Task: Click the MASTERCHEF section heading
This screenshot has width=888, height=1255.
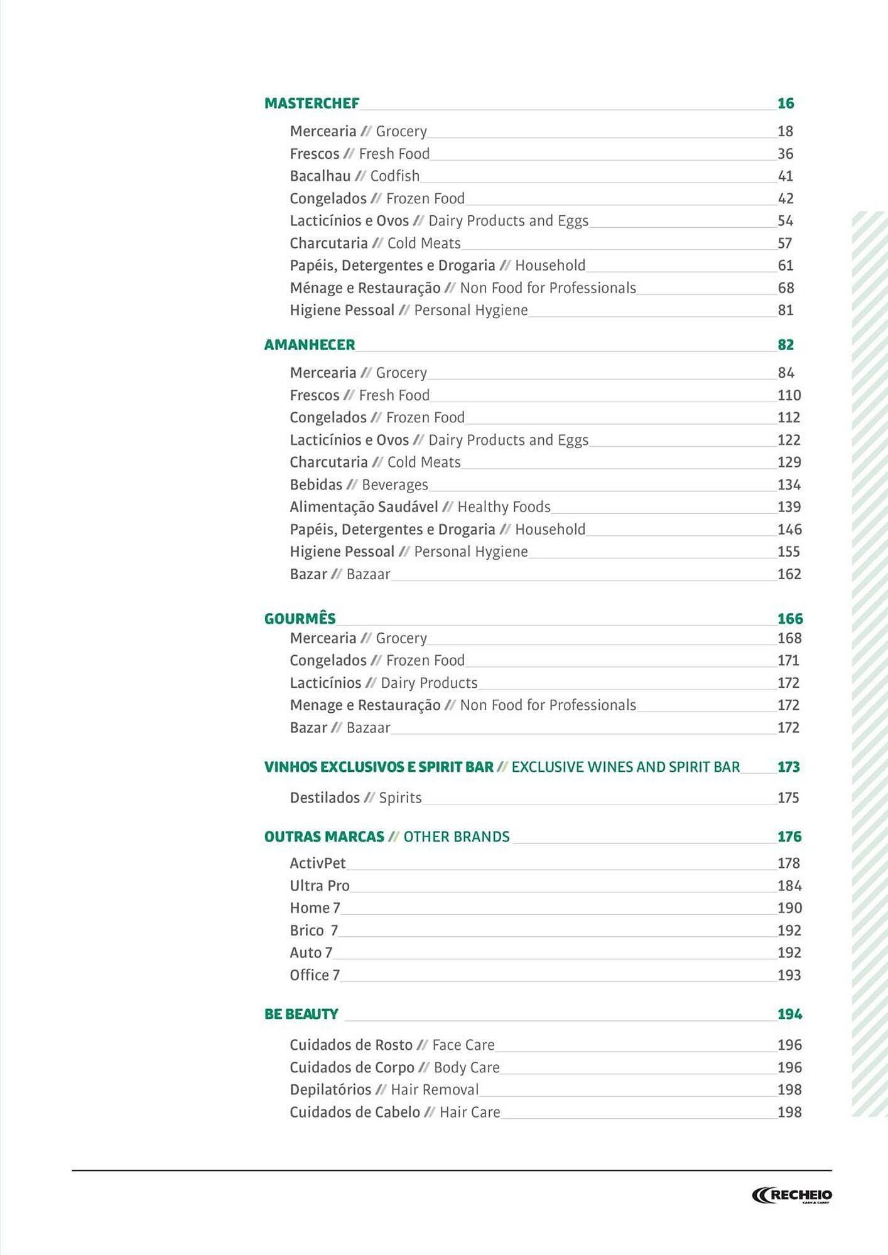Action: [311, 104]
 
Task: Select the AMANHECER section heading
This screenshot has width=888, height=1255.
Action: [310, 345]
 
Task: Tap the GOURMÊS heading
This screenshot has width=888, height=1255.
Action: [300, 619]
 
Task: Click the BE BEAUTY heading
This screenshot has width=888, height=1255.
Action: [301, 1014]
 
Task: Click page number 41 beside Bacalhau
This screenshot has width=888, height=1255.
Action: [785, 176]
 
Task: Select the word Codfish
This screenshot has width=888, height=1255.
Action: [394, 176]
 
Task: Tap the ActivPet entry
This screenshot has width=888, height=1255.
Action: [318, 863]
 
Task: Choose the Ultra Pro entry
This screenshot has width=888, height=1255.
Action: [320, 886]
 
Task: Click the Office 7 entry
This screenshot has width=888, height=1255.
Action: [315, 975]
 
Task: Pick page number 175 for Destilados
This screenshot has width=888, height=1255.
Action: [788, 798]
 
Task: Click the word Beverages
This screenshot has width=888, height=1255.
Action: [395, 485]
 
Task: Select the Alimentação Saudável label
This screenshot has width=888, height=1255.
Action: [364, 507]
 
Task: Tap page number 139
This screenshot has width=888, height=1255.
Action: [789, 507]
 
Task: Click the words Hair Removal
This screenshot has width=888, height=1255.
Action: [435, 1090]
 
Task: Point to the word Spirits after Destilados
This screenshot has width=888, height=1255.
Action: [400, 798]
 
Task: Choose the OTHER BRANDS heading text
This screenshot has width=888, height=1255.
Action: [457, 837]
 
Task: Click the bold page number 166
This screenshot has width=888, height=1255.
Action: [790, 619]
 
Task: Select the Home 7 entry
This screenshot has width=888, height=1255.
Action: [315, 908]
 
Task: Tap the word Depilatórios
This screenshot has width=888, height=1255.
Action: [330, 1090]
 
